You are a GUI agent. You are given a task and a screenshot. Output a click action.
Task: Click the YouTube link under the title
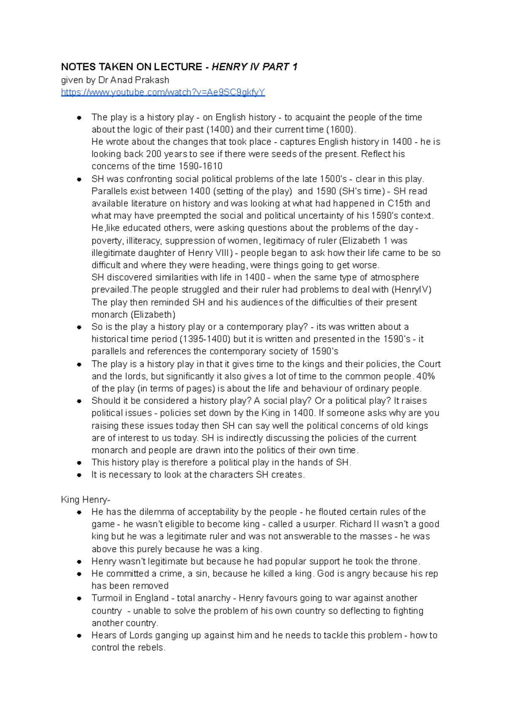tap(163, 92)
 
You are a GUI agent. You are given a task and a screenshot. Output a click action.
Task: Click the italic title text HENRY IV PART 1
tap(255, 67)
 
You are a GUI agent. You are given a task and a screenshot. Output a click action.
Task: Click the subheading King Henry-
tap(86, 500)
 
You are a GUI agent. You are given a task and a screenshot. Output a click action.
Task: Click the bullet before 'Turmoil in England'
tap(79, 599)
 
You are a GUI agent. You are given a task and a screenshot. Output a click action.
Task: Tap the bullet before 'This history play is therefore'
tap(79, 463)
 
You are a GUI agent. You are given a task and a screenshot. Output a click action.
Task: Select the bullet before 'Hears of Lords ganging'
tap(79, 636)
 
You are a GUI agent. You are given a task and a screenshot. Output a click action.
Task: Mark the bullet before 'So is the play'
tap(79, 327)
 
